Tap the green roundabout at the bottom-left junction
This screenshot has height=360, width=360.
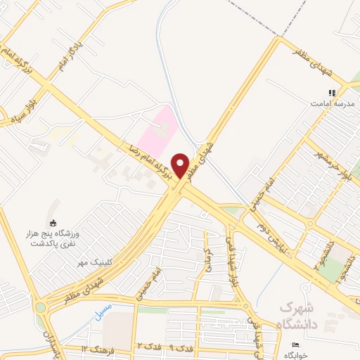click(x=41, y=307)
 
